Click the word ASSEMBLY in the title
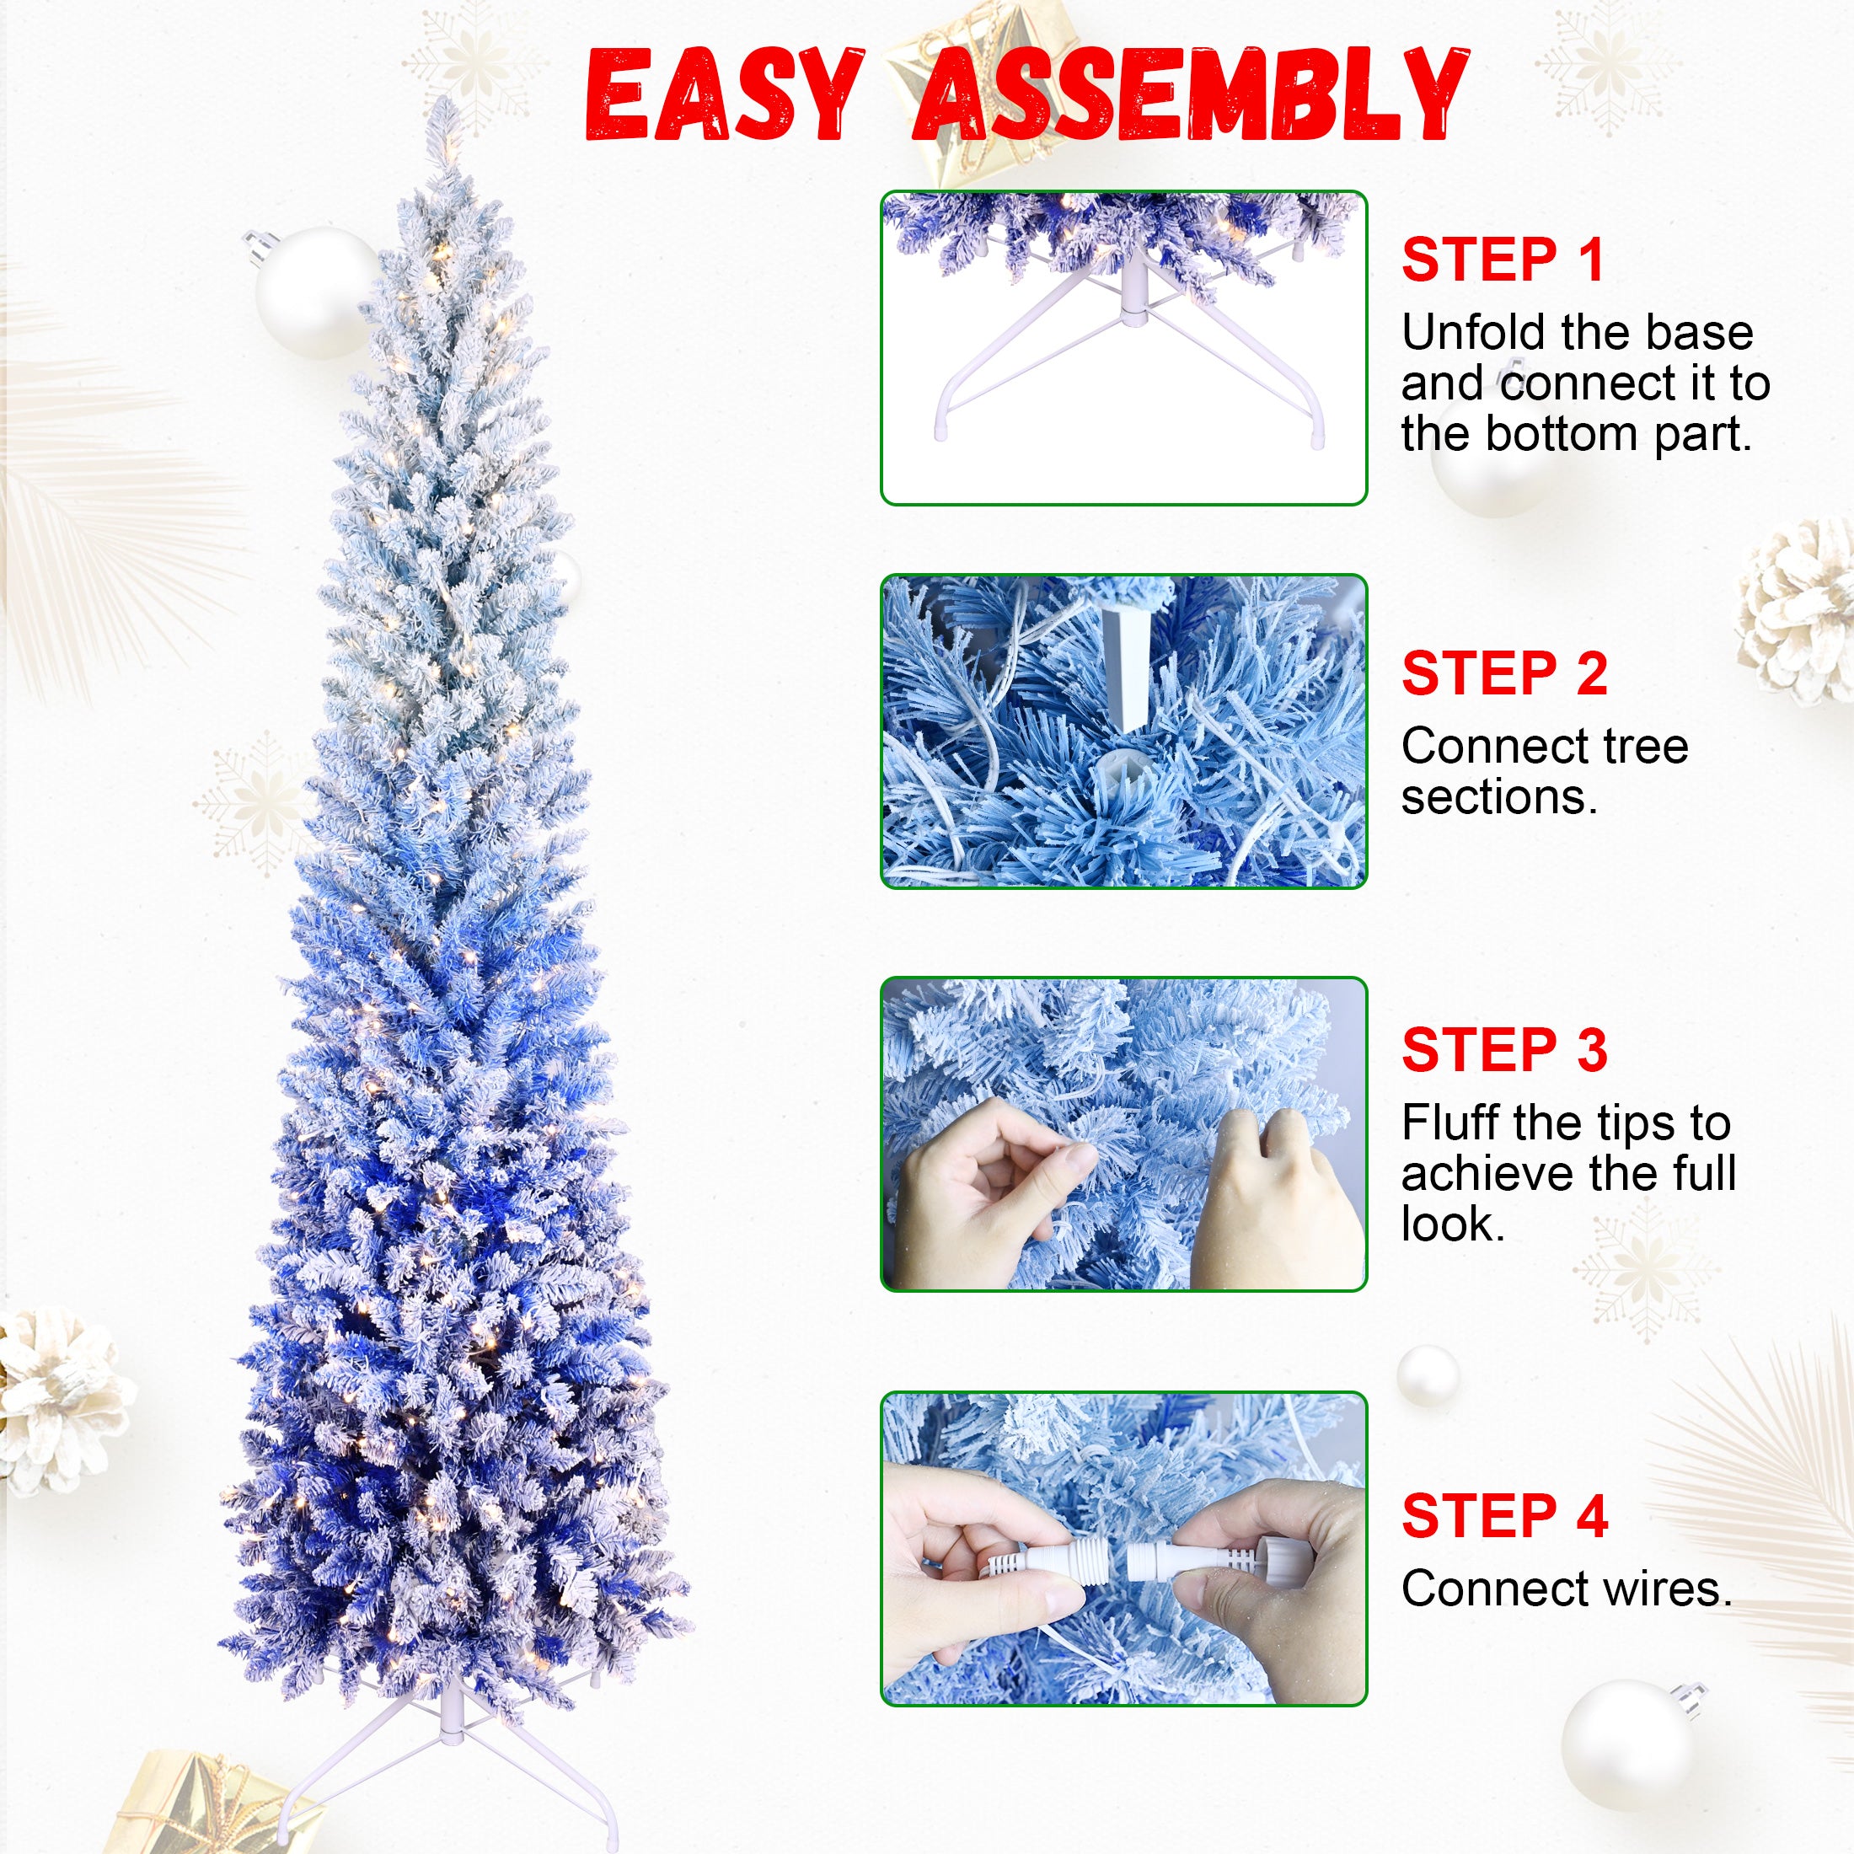coord(1190,98)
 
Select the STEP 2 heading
coord(1503,673)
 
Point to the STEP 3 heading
coord(1503,1050)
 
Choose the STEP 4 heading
coord(1503,1516)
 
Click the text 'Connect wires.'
coord(1566,1589)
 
